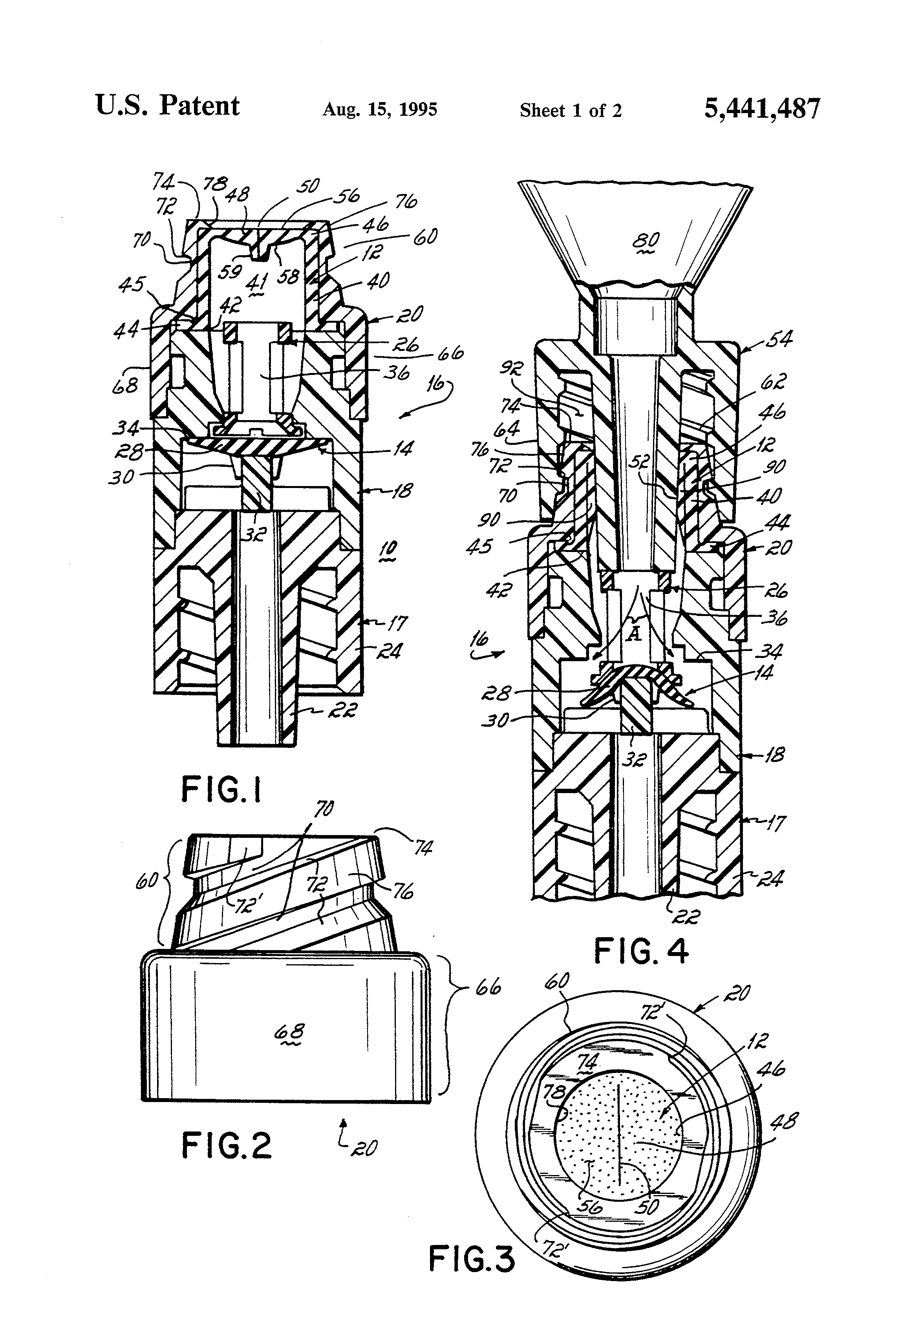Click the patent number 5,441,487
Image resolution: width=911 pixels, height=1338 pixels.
[x=761, y=108]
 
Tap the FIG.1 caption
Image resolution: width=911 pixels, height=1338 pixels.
[x=222, y=789]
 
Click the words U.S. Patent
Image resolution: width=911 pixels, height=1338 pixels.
[x=167, y=106]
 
